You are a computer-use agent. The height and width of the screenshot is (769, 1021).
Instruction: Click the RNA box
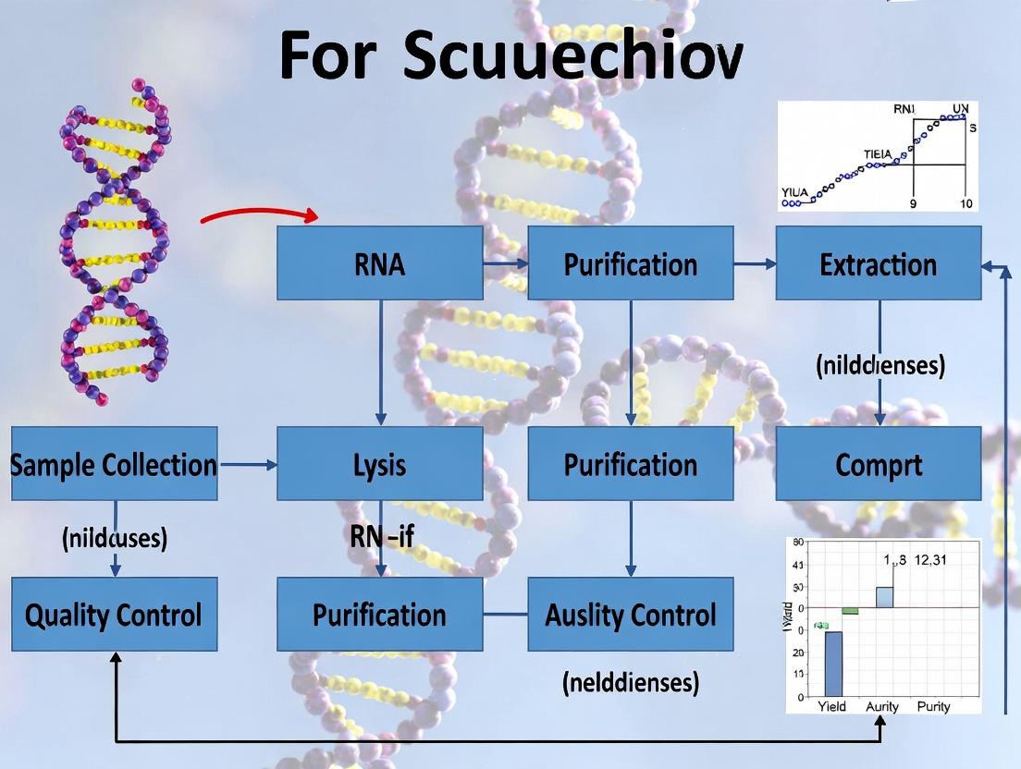[x=379, y=263]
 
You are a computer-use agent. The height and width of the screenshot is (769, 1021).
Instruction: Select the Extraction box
[x=878, y=263]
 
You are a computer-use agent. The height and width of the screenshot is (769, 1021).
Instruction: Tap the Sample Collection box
[x=114, y=464]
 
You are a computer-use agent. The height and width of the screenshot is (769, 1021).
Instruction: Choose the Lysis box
[x=379, y=464]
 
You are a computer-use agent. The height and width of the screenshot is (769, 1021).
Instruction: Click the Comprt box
[x=878, y=464]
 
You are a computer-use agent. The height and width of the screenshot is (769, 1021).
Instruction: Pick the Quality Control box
[x=114, y=615]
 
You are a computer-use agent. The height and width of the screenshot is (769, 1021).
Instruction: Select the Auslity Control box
[x=630, y=615]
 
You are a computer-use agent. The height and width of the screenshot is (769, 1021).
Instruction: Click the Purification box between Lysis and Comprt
[x=630, y=464]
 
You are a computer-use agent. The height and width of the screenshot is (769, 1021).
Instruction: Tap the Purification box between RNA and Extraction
[x=630, y=263]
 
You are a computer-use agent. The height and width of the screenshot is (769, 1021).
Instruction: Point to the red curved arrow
[x=259, y=214]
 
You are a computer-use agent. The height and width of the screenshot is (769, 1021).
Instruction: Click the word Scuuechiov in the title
[x=572, y=55]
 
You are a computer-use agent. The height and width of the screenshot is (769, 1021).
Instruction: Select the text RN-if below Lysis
[x=381, y=536]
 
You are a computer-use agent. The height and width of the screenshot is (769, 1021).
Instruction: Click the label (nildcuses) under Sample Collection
[x=115, y=538]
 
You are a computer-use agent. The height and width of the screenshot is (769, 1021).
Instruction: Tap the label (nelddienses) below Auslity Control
[x=630, y=683]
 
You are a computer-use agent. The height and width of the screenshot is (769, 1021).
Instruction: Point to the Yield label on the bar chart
[x=831, y=706]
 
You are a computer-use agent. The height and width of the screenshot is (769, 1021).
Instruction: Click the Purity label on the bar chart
[x=933, y=706]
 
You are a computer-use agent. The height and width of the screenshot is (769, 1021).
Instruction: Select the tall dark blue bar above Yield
[x=832, y=663]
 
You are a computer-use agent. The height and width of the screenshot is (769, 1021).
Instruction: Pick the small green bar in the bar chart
[x=850, y=611]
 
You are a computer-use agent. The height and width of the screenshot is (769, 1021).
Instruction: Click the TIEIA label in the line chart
[x=879, y=154]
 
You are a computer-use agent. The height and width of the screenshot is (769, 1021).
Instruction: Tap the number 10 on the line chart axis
[x=965, y=203]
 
